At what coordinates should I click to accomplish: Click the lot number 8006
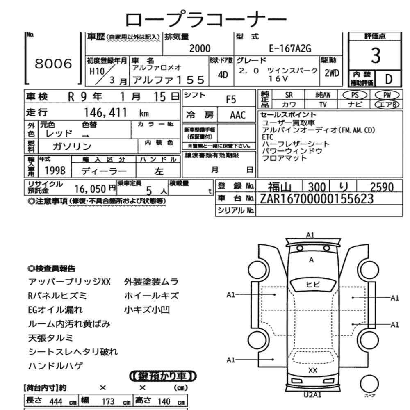[x=53, y=64]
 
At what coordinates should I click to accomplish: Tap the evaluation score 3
[x=376, y=55]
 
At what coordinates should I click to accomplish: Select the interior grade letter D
[x=389, y=79]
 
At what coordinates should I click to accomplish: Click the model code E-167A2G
[x=290, y=49]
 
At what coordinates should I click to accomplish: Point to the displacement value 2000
[x=200, y=49]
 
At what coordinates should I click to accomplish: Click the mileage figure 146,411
[x=105, y=113]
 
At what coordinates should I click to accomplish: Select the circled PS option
[x=355, y=95]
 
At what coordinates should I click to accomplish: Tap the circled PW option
[x=387, y=95]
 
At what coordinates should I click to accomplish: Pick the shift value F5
[x=231, y=99]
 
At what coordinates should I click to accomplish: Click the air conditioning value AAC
[x=238, y=115]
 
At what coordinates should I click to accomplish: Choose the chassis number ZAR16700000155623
[x=317, y=199]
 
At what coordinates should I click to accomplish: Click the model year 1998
[x=55, y=171]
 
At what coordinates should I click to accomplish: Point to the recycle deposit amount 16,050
[x=90, y=189]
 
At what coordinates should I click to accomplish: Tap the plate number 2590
[x=382, y=187]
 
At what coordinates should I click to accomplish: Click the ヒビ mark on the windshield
[x=313, y=284]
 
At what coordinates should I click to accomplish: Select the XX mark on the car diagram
[x=313, y=370]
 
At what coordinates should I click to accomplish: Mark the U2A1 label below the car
[x=312, y=395]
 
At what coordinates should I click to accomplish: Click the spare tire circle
[x=369, y=384]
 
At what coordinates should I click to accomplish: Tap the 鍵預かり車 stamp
[x=163, y=376]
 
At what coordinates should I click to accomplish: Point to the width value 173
[x=108, y=401]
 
